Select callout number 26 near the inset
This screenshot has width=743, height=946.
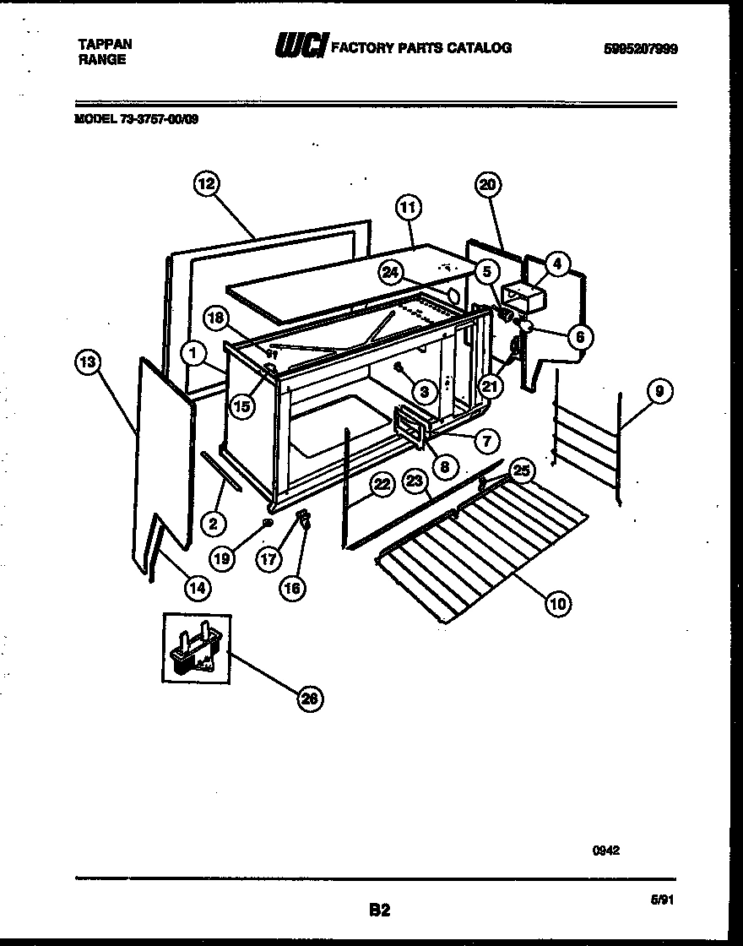tap(310, 698)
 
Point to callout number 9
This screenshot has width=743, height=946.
tap(660, 391)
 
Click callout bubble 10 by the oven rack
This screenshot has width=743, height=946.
tap(557, 602)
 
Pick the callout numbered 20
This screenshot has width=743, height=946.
tap(489, 184)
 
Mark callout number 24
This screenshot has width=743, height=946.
tap(390, 271)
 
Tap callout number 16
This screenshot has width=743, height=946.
tap(291, 588)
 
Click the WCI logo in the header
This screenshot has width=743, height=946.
tap(300, 47)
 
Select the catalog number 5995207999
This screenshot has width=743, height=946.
tap(641, 50)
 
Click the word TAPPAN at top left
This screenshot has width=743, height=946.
tap(104, 43)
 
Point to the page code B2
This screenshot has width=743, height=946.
tap(379, 910)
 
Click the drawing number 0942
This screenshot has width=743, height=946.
tap(605, 851)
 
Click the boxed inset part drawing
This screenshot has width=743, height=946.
tap(196, 648)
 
